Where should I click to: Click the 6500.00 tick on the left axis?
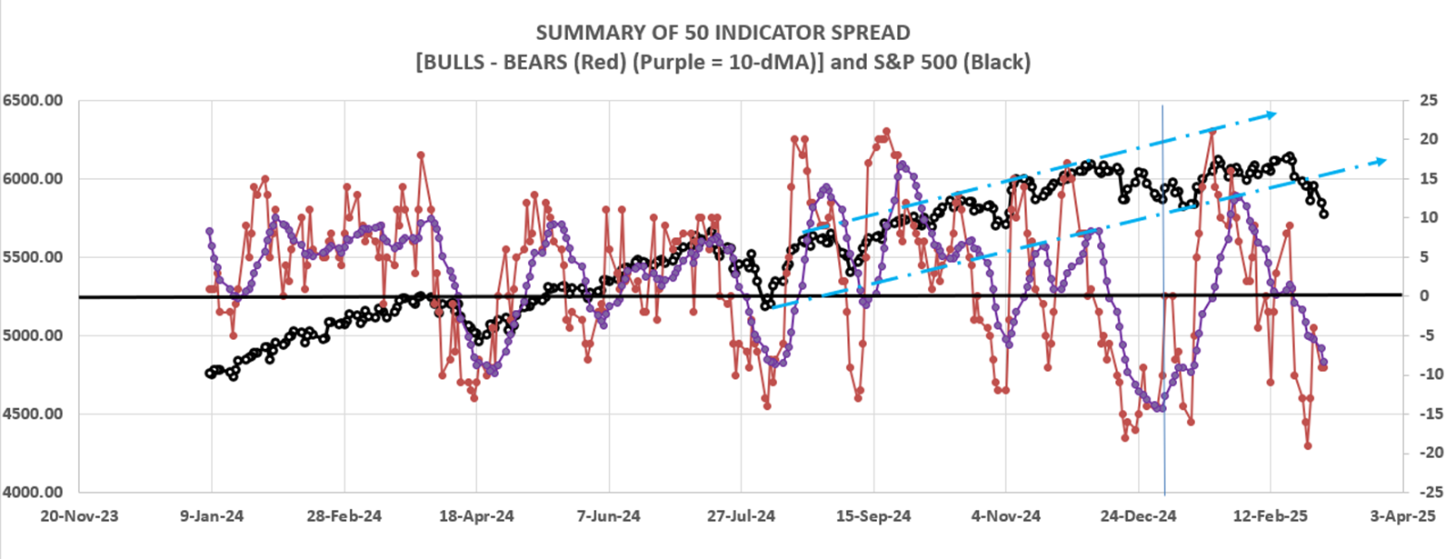[32, 100]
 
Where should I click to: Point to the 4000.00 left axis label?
[32, 492]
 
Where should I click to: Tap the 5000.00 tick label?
[32, 335]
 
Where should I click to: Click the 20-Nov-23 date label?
[79, 516]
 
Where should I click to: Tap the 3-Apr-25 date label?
[1402, 516]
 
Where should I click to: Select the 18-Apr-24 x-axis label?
[476, 516]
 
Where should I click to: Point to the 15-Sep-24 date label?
[873, 516]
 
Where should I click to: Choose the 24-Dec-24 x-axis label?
[1138, 516]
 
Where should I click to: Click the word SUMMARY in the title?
[580, 34]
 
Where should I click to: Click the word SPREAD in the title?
[867, 34]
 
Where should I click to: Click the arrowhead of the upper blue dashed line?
[1271, 114]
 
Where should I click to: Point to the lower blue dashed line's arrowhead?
[1381, 160]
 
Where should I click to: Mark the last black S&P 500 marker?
[1324, 214]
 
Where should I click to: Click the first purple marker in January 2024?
[209, 231]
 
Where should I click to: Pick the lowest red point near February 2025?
[1308, 445]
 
